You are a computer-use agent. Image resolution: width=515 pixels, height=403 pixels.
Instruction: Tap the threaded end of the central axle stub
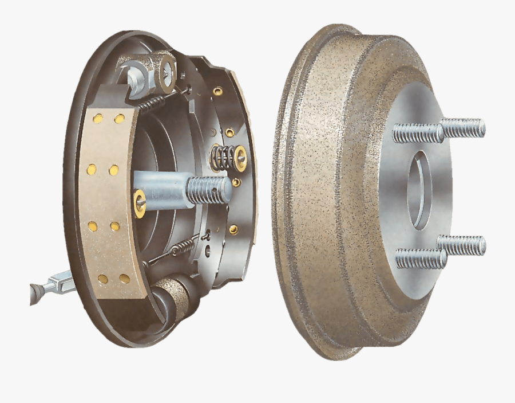pos(209,190)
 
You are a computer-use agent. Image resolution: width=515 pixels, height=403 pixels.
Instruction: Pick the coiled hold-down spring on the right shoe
pos(223,157)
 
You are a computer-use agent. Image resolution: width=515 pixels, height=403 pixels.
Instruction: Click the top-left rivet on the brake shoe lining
pos(98,119)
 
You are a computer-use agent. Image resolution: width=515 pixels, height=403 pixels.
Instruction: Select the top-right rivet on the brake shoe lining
pos(119,119)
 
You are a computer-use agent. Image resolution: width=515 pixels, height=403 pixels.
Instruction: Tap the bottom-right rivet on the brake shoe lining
pos(124,279)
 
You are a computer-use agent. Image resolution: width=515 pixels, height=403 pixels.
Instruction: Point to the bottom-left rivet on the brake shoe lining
pos(103,279)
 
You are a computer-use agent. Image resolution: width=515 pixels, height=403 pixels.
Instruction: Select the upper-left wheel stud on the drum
pos(418,134)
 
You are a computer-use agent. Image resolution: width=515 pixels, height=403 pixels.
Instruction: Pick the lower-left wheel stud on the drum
pos(421,259)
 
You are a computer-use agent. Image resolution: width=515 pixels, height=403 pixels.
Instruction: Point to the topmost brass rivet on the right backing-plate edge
pos(218,91)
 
